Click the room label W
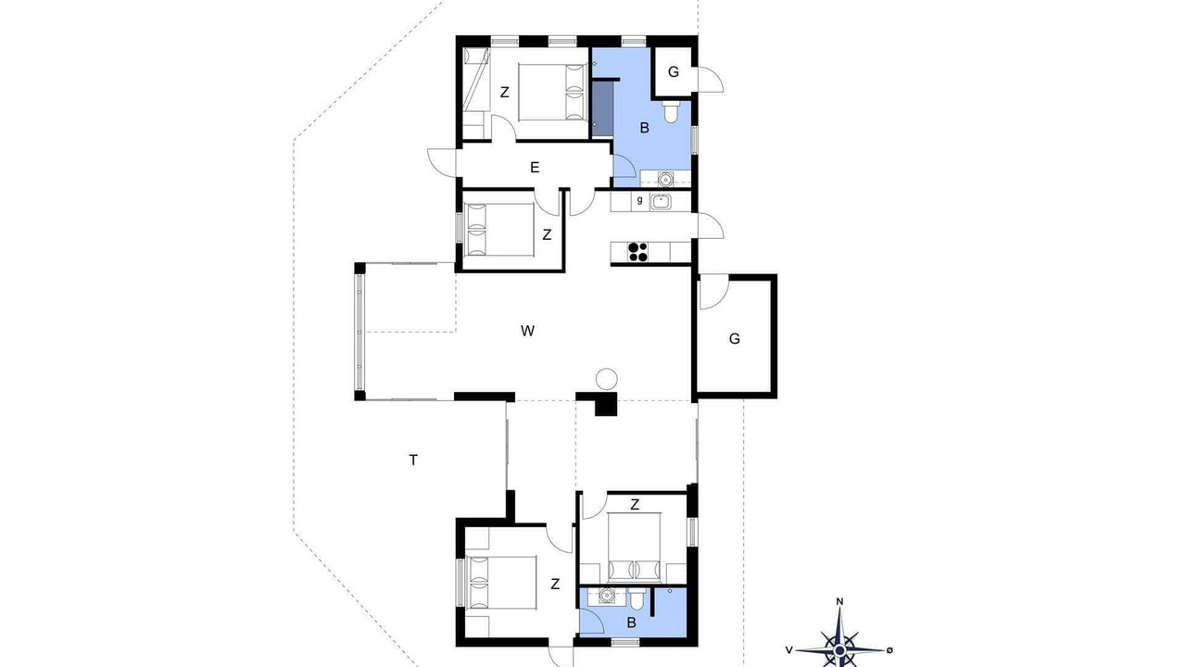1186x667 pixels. pos(527,331)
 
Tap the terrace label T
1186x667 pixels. pos(413,460)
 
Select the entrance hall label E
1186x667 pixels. pos(535,168)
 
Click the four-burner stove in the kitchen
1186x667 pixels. pos(637,252)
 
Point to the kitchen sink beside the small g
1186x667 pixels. pos(661,202)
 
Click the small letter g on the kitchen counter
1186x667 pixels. pos(640,200)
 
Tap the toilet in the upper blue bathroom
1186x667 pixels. pos(671,112)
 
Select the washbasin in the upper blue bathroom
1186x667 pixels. pos(665,179)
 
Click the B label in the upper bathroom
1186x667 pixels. pos(644,128)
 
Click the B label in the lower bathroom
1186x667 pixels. pos(631,623)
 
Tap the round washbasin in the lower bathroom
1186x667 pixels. pos(607,596)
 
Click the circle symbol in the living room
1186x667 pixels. pos(606,379)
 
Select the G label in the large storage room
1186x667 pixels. pos(735,339)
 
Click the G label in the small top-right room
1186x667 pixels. pos(674,72)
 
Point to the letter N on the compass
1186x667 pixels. pos(839,602)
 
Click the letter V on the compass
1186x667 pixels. pos(789,650)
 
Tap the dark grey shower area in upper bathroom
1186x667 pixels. pos(602,109)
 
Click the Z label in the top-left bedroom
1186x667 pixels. pos(505,93)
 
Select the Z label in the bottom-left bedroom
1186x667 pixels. pos(555,585)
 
